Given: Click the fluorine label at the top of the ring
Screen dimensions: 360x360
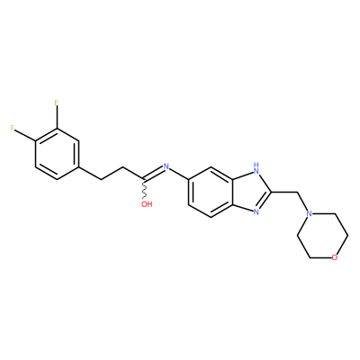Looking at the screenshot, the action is coord(56,103).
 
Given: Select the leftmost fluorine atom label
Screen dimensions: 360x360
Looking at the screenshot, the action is coord(13,128).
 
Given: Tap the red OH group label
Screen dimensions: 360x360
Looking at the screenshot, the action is coord(147,204).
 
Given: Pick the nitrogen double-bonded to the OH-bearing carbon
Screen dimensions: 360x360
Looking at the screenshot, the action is coord(166,166).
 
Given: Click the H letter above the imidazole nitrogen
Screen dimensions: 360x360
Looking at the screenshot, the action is coord(256,165).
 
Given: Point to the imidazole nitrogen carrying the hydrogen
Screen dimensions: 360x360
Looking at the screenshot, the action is coord(256,171).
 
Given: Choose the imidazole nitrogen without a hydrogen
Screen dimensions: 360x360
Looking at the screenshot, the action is coord(256,211).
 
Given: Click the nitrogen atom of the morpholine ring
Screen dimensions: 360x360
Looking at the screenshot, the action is coord(309,214).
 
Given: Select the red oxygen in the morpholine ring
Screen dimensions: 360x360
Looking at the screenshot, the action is coord(335,257).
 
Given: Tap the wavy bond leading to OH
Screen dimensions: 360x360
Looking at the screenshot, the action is coord(145,189).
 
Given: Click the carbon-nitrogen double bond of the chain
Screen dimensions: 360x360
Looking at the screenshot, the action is coord(154,174).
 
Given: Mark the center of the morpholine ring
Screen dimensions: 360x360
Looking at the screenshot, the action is coord(322,236).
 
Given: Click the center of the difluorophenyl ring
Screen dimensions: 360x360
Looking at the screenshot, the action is coord(57,154).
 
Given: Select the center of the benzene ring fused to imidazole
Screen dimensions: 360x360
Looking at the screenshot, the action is coord(211,192).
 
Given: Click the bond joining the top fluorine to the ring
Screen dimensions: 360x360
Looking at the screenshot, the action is coord(57,117).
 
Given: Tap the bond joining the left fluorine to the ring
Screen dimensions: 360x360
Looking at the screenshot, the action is coord(25,135).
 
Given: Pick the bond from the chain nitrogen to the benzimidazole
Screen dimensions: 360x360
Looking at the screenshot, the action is coord(179,174).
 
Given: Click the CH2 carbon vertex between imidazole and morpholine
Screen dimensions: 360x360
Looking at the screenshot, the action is coord(297,192).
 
